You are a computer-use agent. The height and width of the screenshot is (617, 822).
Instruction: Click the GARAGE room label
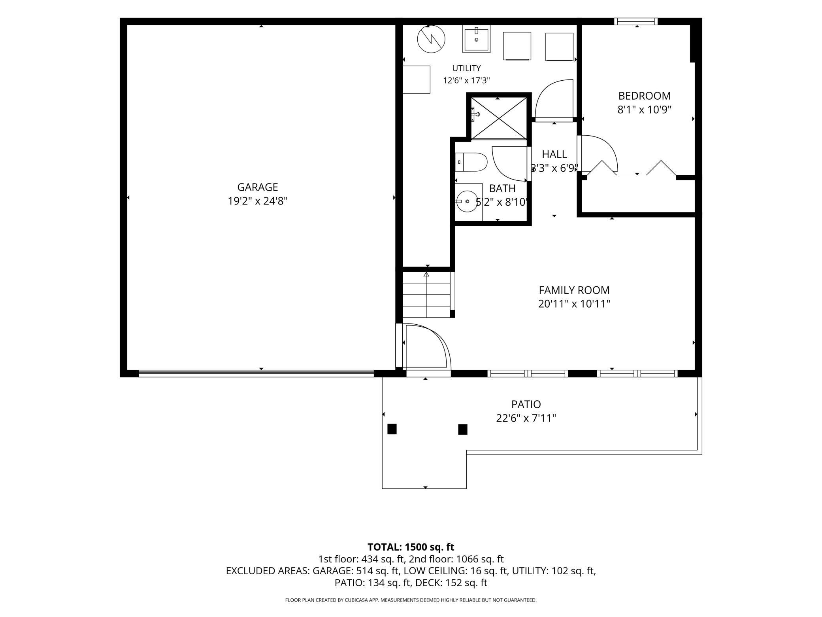click(257, 187)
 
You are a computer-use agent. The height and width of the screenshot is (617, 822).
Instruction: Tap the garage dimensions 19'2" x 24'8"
click(257, 201)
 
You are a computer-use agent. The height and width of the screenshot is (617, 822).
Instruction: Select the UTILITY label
click(466, 68)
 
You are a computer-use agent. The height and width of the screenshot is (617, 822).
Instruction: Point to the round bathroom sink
click(467, 201)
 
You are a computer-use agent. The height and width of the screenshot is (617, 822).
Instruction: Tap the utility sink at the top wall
click(477, 40)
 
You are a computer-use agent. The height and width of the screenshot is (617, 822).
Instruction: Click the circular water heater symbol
click(431, 39)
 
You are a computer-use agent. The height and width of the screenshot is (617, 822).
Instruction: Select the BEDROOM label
click(644, 96)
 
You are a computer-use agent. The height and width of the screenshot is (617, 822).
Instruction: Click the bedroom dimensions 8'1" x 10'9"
click(645, 110)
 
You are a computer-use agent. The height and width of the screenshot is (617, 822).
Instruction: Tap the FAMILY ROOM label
click(574, 290)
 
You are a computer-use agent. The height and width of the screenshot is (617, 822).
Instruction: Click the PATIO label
click(526, 404)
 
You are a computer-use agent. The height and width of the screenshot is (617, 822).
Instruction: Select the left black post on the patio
click(392, 429)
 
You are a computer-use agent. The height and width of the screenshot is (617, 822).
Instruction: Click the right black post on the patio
click(463, 430)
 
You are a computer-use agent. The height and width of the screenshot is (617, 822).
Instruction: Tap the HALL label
click(554, 154)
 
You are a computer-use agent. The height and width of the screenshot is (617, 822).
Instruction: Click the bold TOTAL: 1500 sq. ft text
click(411, 547)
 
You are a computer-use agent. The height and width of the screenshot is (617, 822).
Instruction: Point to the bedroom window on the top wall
click(636, 21)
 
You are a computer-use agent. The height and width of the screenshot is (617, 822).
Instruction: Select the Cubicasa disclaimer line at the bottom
click(411, 600)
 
